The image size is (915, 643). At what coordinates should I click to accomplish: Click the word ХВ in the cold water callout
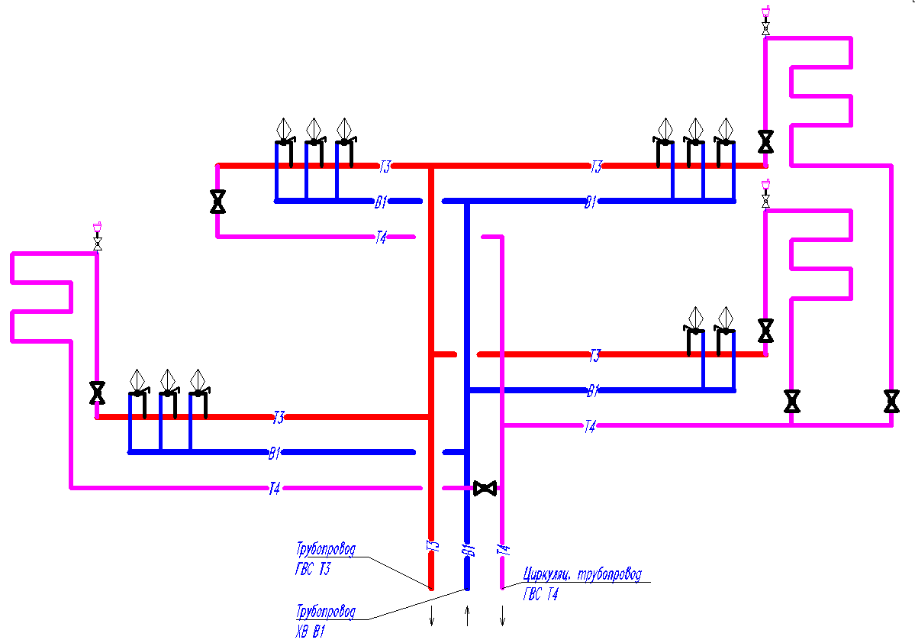(x=301, y=632)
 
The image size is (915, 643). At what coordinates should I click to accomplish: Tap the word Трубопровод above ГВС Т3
(x=326, y=550)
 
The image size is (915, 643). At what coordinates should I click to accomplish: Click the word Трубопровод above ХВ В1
(x=326, y=612)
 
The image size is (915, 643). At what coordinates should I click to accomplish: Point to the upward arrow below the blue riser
(x=467, y=616)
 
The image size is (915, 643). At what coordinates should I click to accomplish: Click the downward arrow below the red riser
(x=432, y=616)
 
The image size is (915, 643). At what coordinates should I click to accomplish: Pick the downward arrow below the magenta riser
(x=502, y=616)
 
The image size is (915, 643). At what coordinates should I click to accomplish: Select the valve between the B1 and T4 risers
(x=485, y=488)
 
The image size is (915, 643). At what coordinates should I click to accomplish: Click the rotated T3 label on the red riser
(x=433, y=546)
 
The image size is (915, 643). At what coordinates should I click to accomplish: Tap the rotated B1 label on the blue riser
(x=468, y=550)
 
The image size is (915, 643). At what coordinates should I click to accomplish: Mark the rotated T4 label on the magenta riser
(x=503, y=550)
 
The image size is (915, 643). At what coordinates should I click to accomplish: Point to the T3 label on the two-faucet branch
(x=594, y=355)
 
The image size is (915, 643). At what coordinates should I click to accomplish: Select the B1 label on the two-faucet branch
(x=593, y=391)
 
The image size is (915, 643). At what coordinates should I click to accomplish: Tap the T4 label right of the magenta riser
(x=590, y=426)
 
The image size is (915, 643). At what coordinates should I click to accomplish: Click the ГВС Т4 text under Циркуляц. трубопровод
(x=541, y=595)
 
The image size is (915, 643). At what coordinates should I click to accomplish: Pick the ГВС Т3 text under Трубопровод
(x=313, y=569)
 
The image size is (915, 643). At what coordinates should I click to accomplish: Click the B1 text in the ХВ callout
(x=319, y=632)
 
